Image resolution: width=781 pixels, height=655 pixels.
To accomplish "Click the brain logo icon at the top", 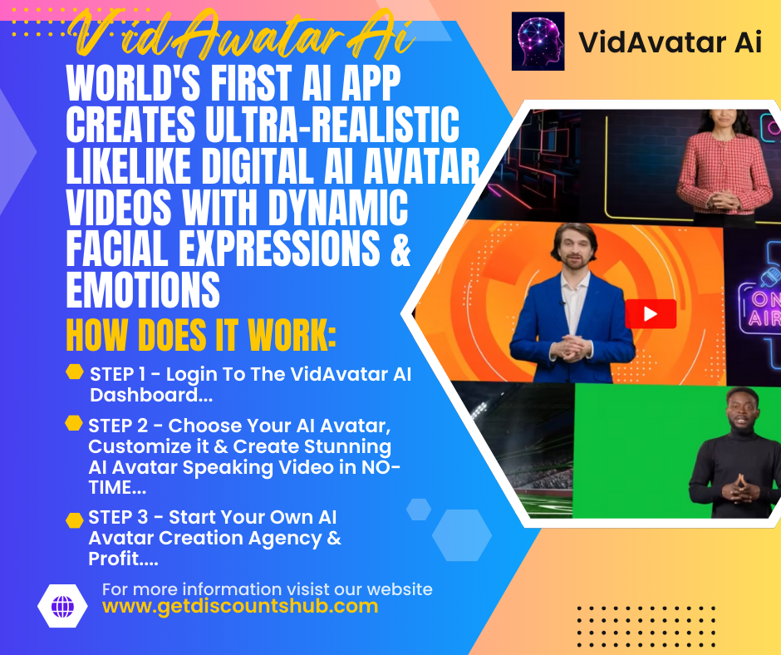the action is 538,41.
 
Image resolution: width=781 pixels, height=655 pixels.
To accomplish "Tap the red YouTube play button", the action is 651,314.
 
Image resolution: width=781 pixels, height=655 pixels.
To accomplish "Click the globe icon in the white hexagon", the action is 63,606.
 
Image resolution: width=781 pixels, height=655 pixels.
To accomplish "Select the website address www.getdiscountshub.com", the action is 240,607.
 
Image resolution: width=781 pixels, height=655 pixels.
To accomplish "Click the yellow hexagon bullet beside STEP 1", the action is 75,372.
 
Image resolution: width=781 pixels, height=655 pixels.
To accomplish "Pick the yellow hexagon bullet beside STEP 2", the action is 74,423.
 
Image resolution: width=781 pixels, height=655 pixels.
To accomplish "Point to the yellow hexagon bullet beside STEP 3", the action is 74,520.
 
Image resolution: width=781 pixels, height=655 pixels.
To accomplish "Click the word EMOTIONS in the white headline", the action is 143,289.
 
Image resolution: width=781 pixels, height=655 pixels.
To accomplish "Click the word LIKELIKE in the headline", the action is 129,166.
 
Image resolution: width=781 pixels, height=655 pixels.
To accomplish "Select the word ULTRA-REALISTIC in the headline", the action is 332,125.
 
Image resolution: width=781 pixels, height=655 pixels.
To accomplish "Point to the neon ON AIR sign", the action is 759,308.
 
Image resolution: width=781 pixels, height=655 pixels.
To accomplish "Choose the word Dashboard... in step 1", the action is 151,396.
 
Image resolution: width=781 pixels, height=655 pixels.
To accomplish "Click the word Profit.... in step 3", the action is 124,559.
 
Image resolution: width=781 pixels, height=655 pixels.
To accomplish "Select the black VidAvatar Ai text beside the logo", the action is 670,42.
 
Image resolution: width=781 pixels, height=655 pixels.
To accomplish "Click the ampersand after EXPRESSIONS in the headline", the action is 400,249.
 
